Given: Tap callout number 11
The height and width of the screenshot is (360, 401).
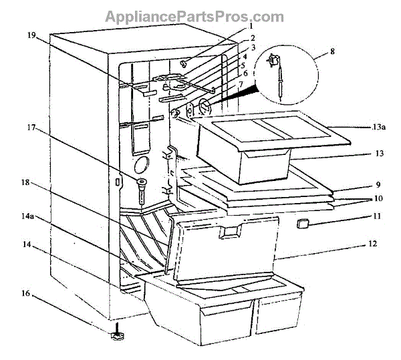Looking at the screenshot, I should pyautogui.click(x=377, y=216).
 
